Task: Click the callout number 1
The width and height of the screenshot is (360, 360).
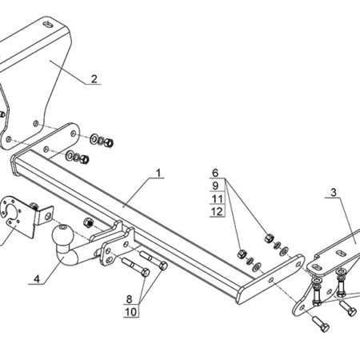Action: [x=158, y=173]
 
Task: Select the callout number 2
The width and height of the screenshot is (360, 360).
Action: [x=94, y=79]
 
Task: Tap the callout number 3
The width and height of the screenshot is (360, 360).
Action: [x=334, y=192]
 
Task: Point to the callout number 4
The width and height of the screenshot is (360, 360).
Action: [x=37, y=279]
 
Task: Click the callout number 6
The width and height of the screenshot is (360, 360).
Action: [x=215, y=173]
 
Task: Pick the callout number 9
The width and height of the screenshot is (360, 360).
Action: [x=215, y=186]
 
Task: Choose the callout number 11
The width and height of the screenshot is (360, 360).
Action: [x=217, y=198]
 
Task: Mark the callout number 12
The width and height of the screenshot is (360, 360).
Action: [x=217, y=211]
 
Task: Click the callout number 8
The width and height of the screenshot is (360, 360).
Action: [x=129, y=299]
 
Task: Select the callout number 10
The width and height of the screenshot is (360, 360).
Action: [x=131, y=312]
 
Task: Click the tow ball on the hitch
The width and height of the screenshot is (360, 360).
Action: [x=62, y=235]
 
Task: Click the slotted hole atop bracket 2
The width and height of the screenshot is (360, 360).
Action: [x=49, y=25]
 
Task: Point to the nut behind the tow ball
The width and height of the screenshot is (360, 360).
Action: [x=88, y=222]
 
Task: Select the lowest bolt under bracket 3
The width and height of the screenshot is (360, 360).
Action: [x=321, y=324]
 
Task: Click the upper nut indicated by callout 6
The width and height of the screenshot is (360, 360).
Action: [x=270, y=238]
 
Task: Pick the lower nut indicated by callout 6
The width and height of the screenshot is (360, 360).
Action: [x=242, y=254]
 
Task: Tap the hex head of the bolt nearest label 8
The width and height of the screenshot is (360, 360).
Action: [x=145, y=272]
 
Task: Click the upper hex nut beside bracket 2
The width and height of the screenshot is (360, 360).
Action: [x=109, y=142]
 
